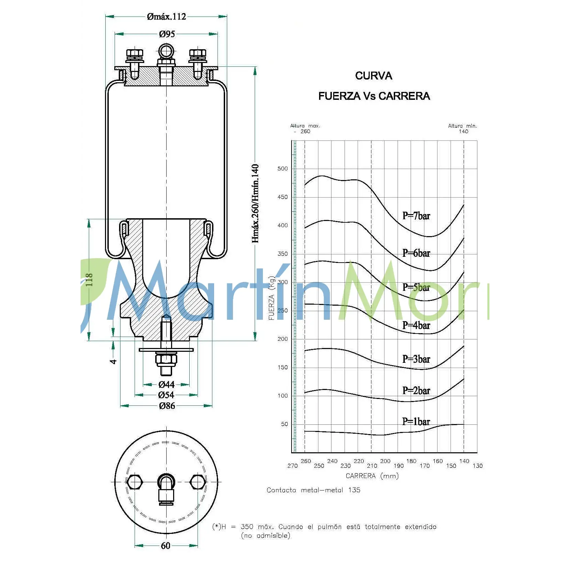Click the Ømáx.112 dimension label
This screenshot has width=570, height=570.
166,17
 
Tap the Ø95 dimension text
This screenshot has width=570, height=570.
167,34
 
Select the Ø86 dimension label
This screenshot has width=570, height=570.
167,406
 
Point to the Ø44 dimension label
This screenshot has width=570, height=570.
167,384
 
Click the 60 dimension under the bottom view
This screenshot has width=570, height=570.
166,546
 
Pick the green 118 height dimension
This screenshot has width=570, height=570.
89,280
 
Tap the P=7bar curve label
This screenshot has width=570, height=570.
416,216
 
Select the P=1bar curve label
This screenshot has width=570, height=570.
416,422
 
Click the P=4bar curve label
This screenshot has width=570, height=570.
416,325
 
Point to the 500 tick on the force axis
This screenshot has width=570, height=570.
283,169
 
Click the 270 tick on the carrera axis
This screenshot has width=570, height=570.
293,466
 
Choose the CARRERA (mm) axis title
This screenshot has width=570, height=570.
372,476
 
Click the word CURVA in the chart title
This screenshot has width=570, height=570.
373,76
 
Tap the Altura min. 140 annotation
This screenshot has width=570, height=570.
463,128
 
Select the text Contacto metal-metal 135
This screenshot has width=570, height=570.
313,490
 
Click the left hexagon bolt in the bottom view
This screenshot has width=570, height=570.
134,482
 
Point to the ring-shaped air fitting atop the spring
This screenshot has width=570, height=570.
166,51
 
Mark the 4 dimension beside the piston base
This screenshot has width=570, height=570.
113,361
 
